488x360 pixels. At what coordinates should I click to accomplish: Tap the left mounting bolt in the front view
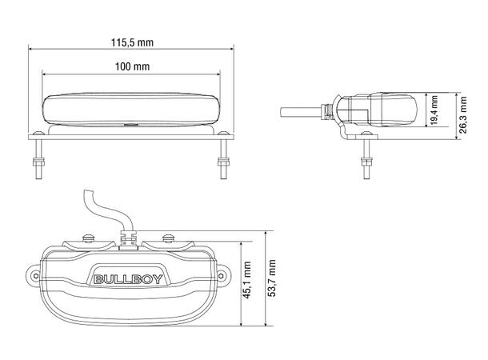(38, 165)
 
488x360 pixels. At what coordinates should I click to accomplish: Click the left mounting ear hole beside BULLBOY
(35, 273)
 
